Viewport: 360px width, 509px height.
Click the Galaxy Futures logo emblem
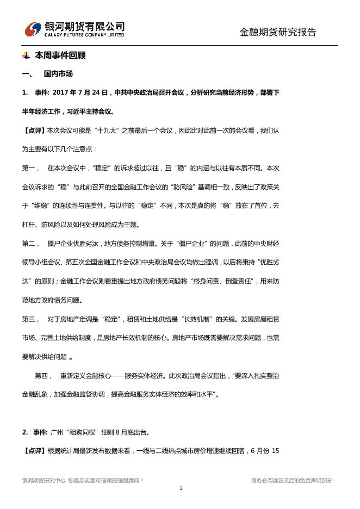tap(33, 29)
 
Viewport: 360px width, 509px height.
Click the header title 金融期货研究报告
tap(278, 32)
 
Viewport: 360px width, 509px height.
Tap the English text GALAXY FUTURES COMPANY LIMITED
tap(84, 35)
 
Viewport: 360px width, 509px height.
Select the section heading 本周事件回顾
tap(60, 55)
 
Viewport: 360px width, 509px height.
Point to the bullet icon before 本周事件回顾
tap(26, 55)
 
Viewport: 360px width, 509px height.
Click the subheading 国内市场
tap(58, 74)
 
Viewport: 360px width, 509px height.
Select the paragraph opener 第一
tap(29, 168)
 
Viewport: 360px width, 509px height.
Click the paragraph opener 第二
tap(29, 243)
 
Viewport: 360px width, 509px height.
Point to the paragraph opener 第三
tap(29, 319)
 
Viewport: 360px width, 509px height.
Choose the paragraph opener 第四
tap(43, 375)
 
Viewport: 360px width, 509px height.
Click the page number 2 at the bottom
tap(181, 488)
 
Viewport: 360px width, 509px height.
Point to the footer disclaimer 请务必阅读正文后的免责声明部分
tap(291, 480)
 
